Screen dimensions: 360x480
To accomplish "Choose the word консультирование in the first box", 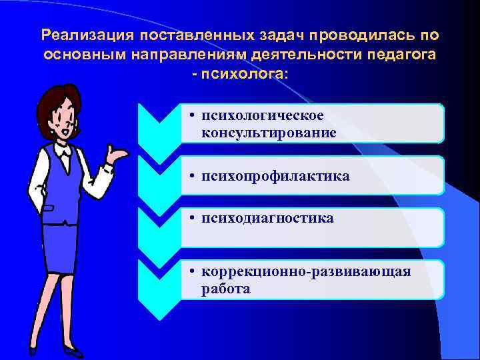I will pos(269,133).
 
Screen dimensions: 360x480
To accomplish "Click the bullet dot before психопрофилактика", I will pos(191,177).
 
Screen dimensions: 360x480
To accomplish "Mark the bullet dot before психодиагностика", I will pos(191,219).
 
